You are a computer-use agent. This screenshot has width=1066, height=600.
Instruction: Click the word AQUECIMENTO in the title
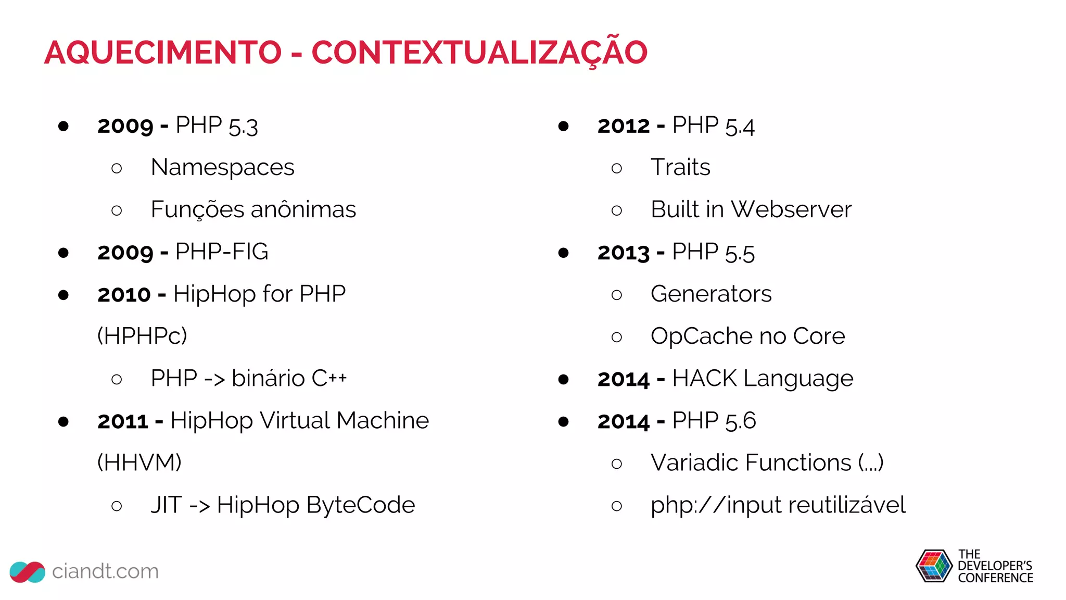coord(163,53)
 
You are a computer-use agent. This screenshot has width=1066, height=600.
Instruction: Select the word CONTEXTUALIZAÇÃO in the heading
coord(479,53)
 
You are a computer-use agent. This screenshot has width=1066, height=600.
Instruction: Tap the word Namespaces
coord(222,168)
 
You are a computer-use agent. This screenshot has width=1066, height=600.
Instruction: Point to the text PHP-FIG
coord(222,252)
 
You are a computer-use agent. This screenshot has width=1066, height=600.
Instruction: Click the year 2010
coord(124,295)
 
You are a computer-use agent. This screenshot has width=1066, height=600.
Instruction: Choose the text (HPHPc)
coord(142,336)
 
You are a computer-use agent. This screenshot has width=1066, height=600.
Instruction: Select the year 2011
coord(123,421)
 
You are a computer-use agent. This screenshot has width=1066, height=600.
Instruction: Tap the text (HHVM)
coord(139,463)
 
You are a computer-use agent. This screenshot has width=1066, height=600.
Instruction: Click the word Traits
coord(680,168)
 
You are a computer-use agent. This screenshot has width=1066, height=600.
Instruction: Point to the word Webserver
coord(791,210)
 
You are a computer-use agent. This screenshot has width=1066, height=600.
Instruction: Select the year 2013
coord(624,253)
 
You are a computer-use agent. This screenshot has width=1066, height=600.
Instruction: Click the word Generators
coord(711,294)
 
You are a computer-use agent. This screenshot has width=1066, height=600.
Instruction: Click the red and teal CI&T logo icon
coord(28,572)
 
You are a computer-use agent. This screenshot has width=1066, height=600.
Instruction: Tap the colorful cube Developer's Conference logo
coord(934,566)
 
